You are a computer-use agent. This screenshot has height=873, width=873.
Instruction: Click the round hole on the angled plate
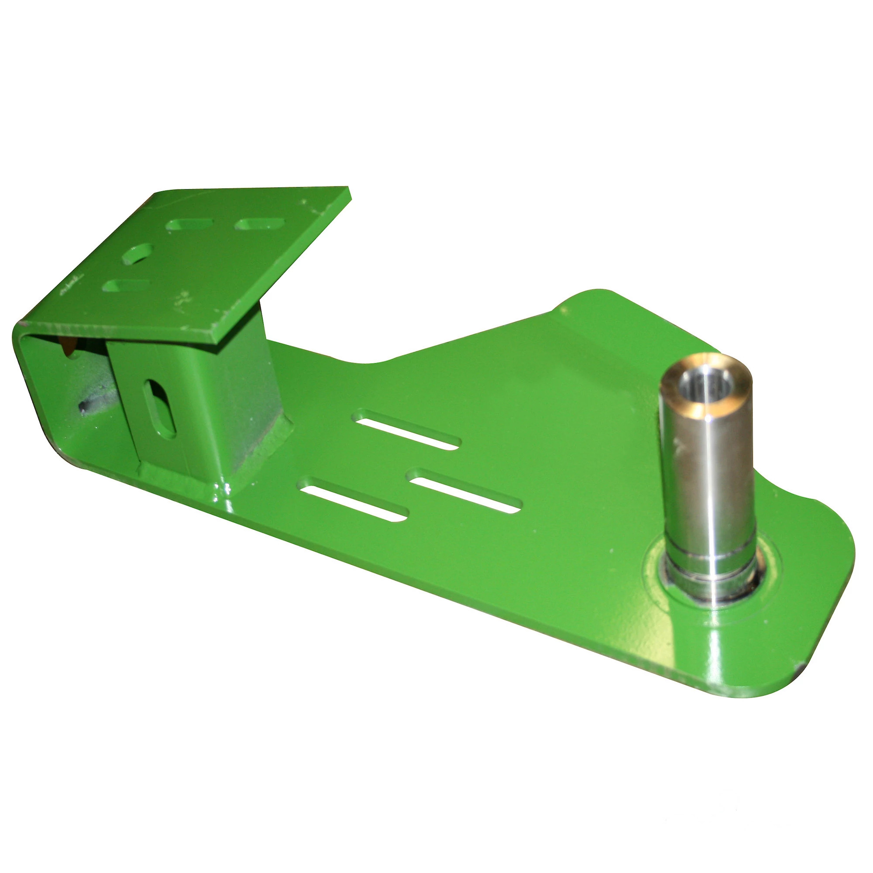(138, 254)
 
